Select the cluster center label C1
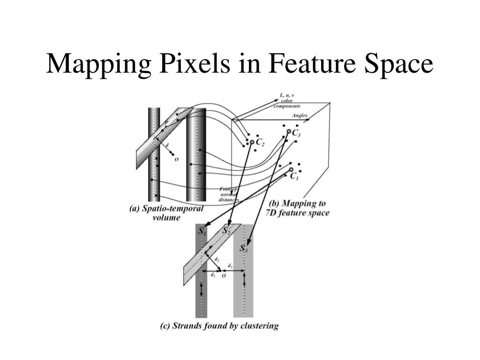coord(294,176)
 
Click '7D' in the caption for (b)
coord(277,213)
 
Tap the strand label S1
coord(202,232)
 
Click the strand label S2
coord(226,231)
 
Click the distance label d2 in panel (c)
coord(217,259)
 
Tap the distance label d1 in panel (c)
coord(213,275)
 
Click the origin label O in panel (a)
coord(176,159)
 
